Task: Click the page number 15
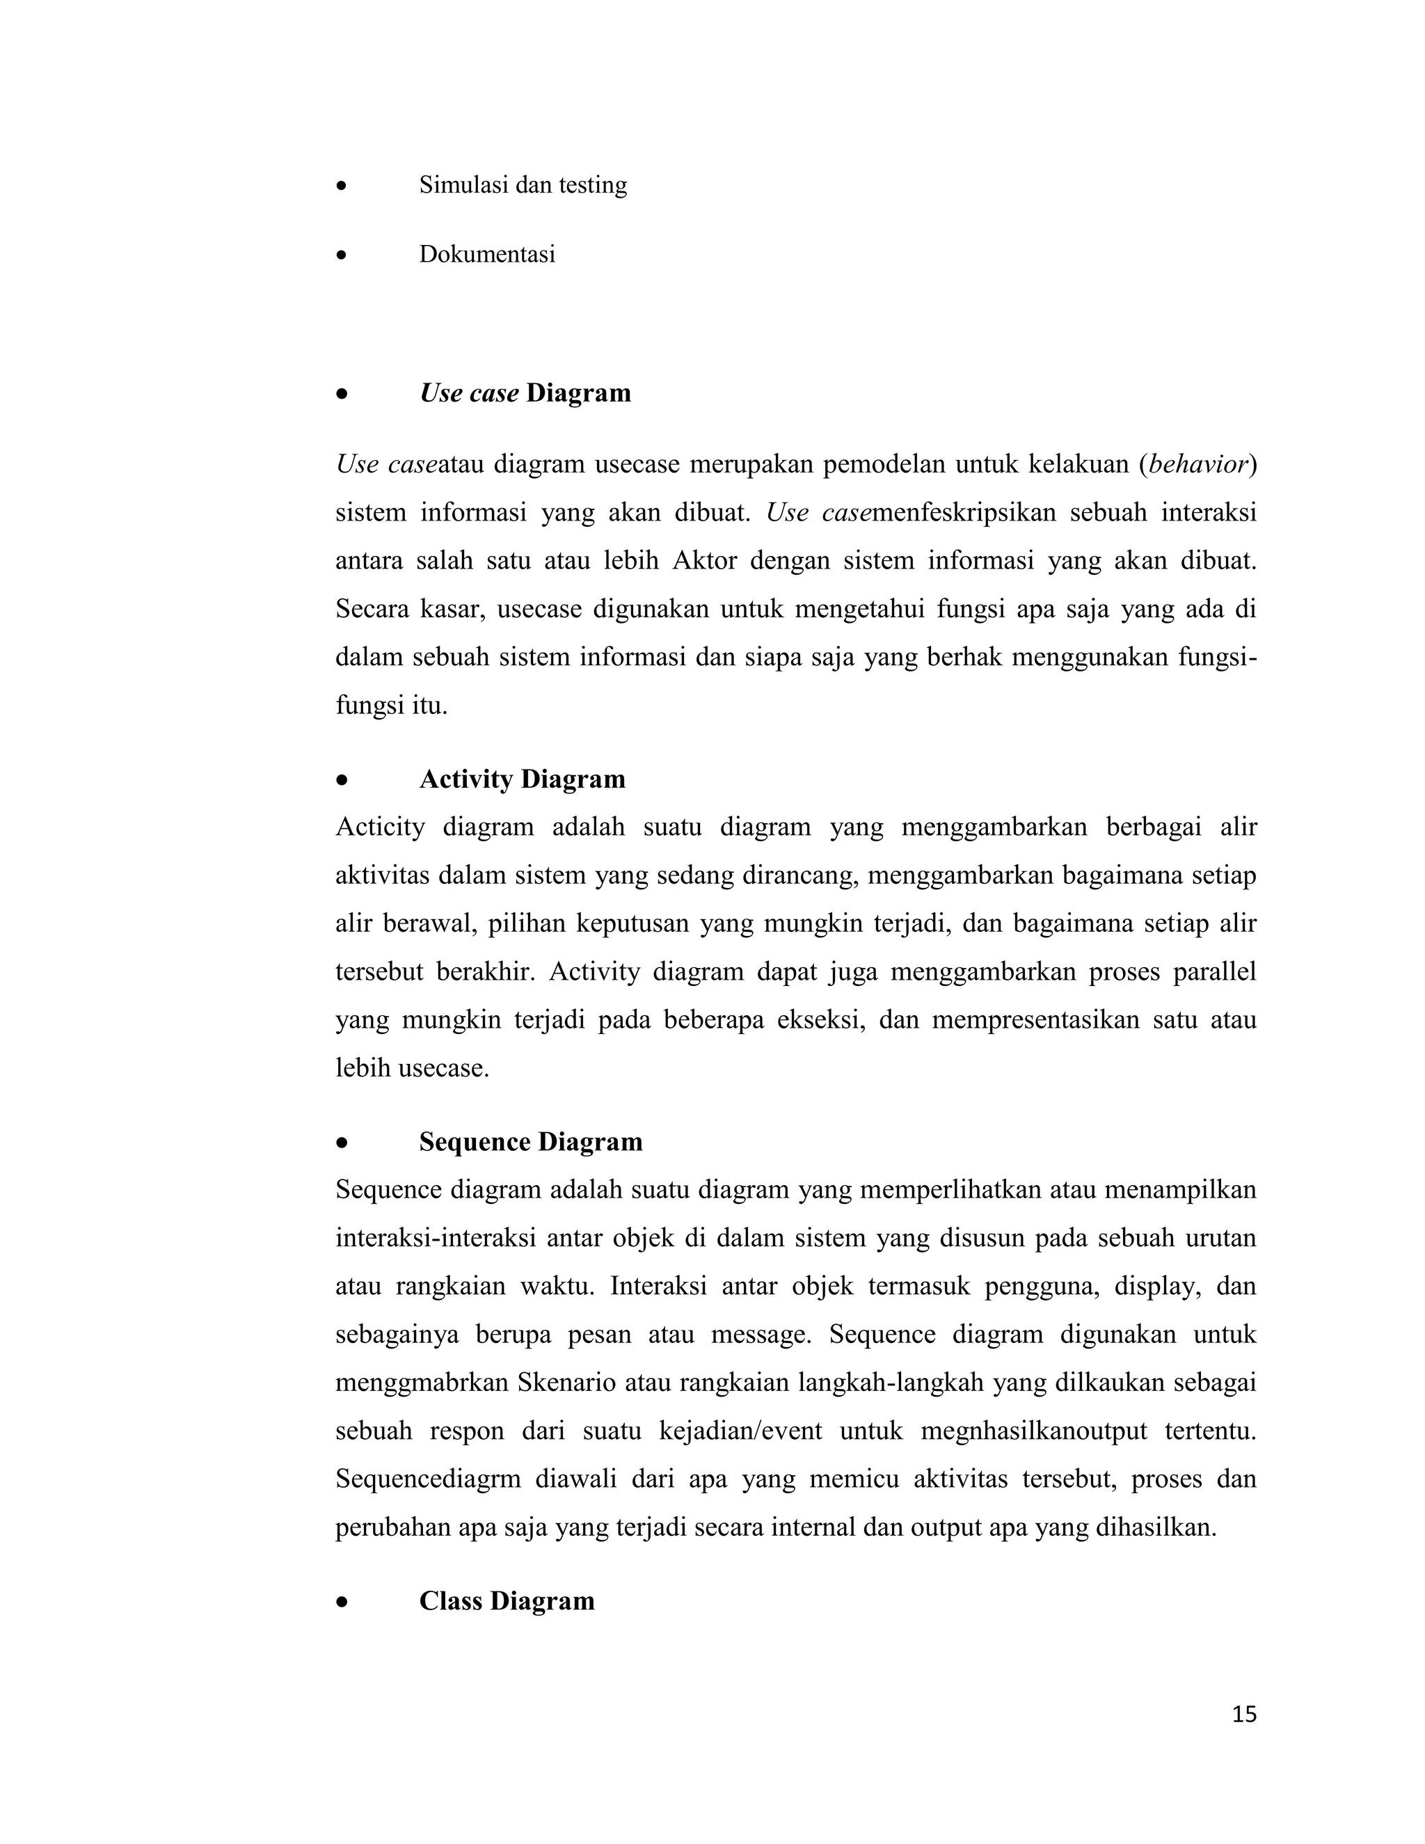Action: tap(1243, 1714)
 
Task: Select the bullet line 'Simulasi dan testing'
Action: tap(523, 185)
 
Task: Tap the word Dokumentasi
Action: tap(487, 254)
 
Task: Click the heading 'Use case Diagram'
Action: tap(525, 393)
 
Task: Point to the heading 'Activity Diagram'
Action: tap(523, 779)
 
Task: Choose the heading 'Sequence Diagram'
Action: tap(531, 1141)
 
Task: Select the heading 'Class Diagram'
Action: tap(507, 1601)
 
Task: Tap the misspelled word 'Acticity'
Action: tap(380, 827)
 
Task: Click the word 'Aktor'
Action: tap(705, 561)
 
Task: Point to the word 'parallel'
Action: tap(1215, 972)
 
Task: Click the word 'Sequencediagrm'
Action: tap(428, 1479)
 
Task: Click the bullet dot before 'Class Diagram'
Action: tap(341, 1602)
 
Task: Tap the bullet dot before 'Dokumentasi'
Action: tap(341, 255)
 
